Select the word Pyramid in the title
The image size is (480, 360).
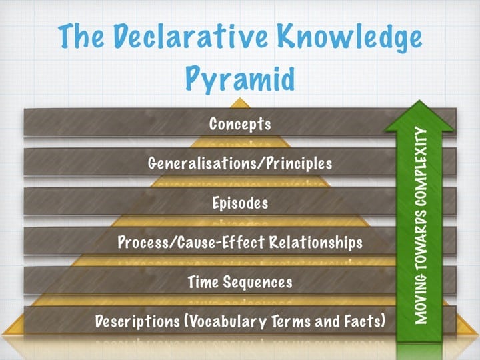(x=240, y=78)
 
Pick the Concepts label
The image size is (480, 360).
(x=240, y=124)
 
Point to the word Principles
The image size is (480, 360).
(x=299, y=164)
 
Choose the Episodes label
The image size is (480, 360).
(x=240, y=203)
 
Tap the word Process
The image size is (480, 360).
(x=143, y=243)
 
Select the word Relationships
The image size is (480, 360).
(x=316, y=243)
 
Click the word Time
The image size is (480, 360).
(x=203, y=281)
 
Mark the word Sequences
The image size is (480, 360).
(x=257, y=282)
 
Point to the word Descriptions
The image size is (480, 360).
(x=137, y=321)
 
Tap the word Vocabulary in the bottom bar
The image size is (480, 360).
(x=225, y=322)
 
